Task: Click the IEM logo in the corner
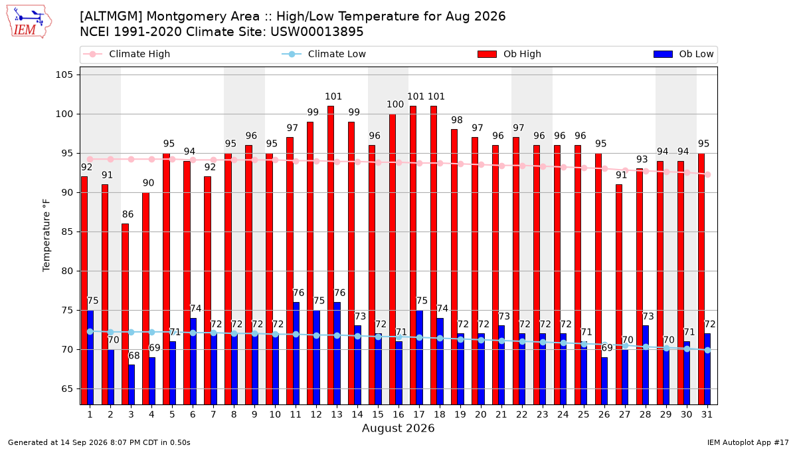pyautogui.click(x=29, y=22)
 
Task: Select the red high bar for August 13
pyautogui.click(x=331, y=255)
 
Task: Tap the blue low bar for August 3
pyautogui.click(x=132, y=384)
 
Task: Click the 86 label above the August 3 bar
pyautogui.click(x=128, y=214)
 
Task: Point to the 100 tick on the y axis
pyautogui.click(x=64, y=114)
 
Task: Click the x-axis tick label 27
pyautogui.click(x=624, y=414)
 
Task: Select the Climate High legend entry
pyautogui.click(x=127, y=54)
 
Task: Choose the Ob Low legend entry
pyautogui.click(x=683, y=54)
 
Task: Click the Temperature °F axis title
pyautogui.click(x=46, y=235)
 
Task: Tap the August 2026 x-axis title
pyautogui.click(x=398, y=428)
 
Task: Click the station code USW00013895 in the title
pyautogui.click(x=317, y=32)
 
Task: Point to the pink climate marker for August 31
pyautogui.click(x=708, y=174)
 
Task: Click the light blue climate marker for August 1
pyautogui.click(x=90, y=331)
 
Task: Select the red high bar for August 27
pyautogui.click(x=619, y=294)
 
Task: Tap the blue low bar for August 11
pyautogui.click(x=296, y=353)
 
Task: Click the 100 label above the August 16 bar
pyautogui.click(x=395, y=104)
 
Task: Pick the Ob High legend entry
pyautogui.click(x=509, y=54)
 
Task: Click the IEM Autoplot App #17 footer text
pyautogui.click(x=748, y=442)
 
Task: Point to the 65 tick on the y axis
pyautogui.click(x=67, y=388)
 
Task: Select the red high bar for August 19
pyautogui.click(x=454, y=267)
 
